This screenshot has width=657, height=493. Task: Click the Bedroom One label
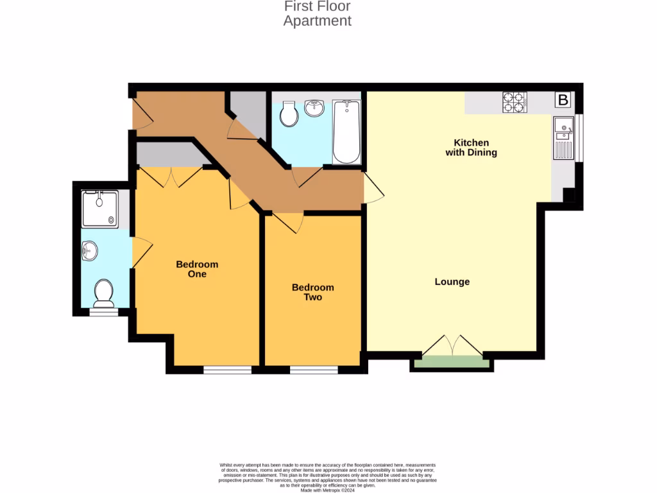tap(197, 269)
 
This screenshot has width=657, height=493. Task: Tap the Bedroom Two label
tap(312, 292)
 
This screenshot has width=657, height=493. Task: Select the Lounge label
tap(452, 282)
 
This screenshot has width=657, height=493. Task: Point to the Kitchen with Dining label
tap(471, 148)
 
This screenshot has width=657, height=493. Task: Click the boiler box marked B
tap(563, 100)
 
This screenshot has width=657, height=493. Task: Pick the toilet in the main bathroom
tap(289, 114)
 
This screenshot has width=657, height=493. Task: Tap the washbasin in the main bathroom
tap(315, 108)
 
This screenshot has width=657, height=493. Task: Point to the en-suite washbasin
tap(89, 251)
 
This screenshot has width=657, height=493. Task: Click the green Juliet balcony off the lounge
tap(452, 362)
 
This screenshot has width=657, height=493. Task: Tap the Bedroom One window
tap(227, 370)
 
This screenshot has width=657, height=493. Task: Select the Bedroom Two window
tap(313, 370)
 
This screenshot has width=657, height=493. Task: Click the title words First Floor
tap(317, 6)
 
